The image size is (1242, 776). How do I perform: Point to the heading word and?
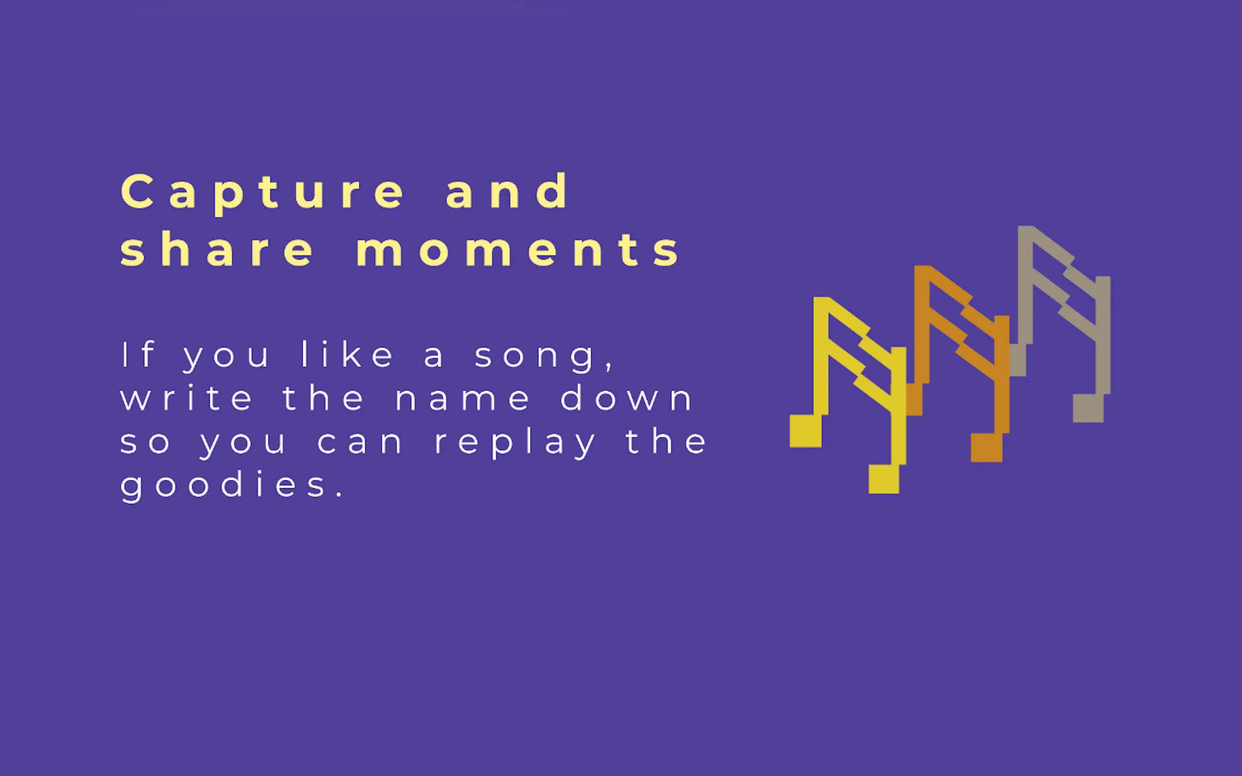click(506, 191)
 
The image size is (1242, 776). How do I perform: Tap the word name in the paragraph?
click(462, 399)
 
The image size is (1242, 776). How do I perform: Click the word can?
click(360, 443)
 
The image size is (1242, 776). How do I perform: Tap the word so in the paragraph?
click(145, 443)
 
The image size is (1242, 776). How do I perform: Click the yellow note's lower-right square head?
click(884, 479)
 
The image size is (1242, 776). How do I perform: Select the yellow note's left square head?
click(805, 431)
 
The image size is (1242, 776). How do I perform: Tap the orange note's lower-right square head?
click(986, 448)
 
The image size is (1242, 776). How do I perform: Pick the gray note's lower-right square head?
click(1088, 408)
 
